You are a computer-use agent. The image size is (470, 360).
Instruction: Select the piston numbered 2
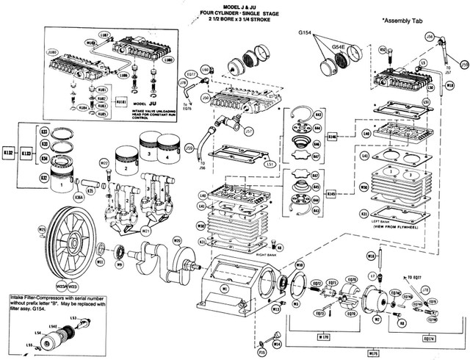click(126, 168)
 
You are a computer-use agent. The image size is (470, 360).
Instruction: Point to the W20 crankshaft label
click(177, 241)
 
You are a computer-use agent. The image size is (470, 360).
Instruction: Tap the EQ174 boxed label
click(430, 337)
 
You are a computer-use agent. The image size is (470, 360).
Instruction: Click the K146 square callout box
click(331, 137)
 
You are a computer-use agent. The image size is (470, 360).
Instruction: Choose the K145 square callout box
click(331, 194)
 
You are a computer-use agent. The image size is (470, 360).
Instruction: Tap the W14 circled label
click(277, 343)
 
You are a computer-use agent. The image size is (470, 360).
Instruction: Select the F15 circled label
click(263, 353)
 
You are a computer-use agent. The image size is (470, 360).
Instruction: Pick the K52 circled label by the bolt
click(383, 49)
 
